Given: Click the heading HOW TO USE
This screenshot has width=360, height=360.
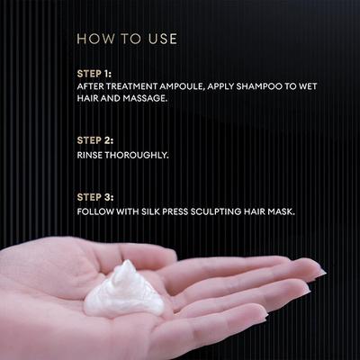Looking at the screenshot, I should (x=127, y=39).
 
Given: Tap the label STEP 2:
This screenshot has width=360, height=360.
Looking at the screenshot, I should (x=95, y=140).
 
